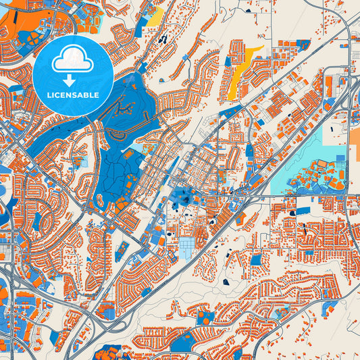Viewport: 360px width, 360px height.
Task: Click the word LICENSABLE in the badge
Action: click(x=72, y=95)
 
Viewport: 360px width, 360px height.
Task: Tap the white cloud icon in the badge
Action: click(x=72, y=59)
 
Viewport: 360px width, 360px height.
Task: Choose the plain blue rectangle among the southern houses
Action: click(x=257, y=259)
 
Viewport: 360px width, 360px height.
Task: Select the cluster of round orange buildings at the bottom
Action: click(x=108, y=352)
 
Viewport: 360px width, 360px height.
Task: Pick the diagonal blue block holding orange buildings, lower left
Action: click(x=123, y=251)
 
